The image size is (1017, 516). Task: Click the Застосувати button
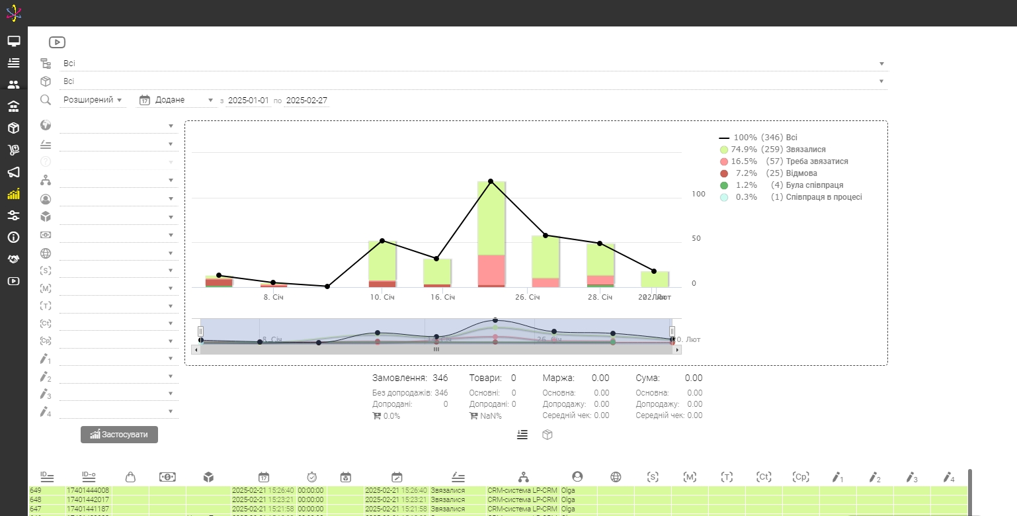coord(119,435)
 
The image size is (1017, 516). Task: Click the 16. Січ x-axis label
coord(442,298)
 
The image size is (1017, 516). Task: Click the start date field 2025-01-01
coord(249,101)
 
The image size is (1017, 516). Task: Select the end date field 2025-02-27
coord(306,101)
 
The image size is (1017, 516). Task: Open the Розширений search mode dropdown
coord(93,100)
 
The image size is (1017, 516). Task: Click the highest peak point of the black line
coord(491,181)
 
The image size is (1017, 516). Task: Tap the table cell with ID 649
coord(36,490)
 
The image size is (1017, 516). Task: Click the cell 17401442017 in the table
coord(88,499)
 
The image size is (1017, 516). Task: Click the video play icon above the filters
coord(57,42)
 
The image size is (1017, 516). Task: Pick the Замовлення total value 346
coord(440,378)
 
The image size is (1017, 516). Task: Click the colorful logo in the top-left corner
coord(14,13)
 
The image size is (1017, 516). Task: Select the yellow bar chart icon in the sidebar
coord(14,194)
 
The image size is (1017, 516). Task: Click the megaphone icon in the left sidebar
coord(14,172)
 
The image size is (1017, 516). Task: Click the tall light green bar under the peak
coord(491,218)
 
